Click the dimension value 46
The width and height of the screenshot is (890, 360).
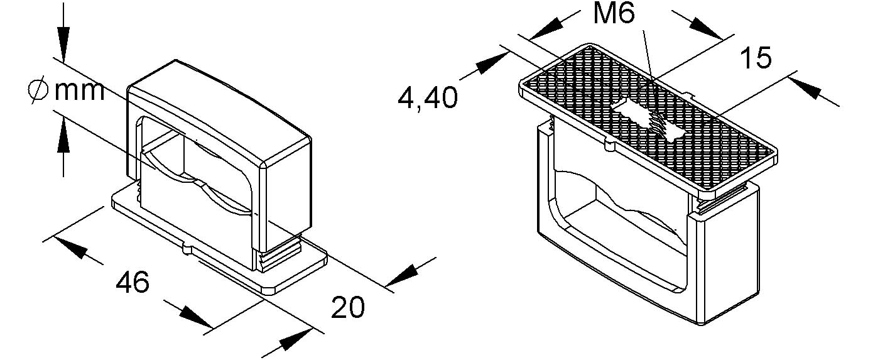coord(133,283)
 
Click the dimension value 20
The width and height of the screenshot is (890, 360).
coord(348,307)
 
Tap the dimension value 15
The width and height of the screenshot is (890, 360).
coord(756,58)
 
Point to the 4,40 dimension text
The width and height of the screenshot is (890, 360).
coord(428,98)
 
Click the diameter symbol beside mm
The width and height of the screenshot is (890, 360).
coord(38,91)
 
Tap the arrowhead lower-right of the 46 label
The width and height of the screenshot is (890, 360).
coord(195,317)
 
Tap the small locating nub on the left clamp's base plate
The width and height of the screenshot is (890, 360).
coord(185,249)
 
